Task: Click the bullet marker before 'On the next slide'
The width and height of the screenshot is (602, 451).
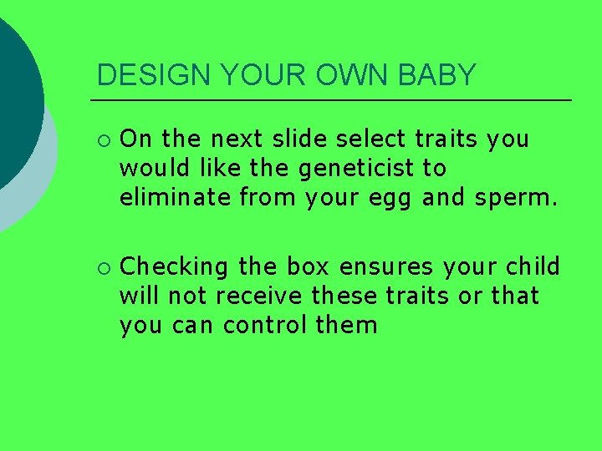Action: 103,139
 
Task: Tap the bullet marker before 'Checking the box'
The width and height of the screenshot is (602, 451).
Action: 103,268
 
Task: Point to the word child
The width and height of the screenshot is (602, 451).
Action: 533,267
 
